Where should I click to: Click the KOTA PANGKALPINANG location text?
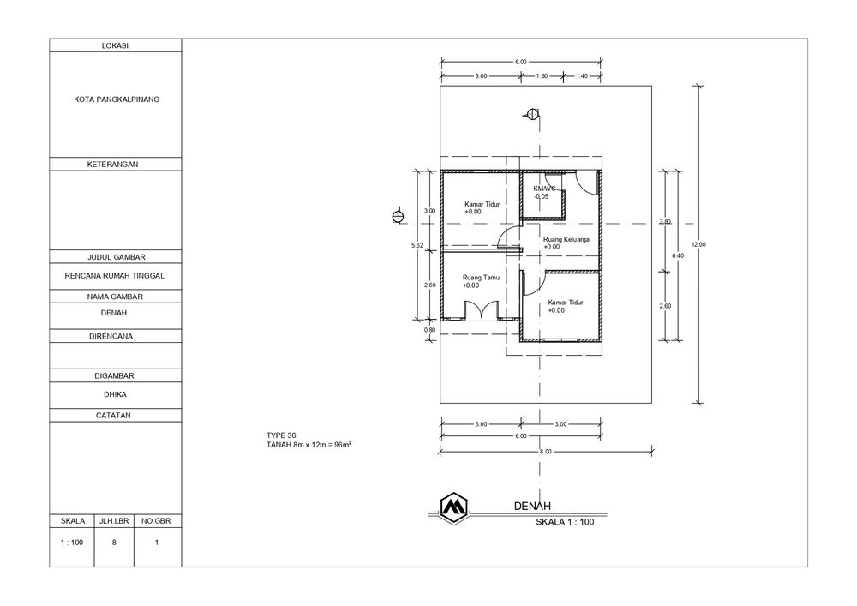click(x=117, y=99)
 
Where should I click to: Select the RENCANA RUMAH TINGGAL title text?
click(x=114, y=276)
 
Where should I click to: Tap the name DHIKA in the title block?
click(x=115, y=394)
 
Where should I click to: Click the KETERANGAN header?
click(x=112, y=165)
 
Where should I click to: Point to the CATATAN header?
click(x=113, y=416)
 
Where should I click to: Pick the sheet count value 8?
click(x=114, y=543)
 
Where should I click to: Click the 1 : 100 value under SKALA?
click(x=72, y=543)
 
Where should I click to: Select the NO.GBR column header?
click(x=156, y=521)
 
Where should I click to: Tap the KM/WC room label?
click(x=544, y=189)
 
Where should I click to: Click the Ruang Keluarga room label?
click(x=566, y=239)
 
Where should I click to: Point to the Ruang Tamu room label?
click(x=481, y=278)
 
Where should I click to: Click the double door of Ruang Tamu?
click(x=482, y=309)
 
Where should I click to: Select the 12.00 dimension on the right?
click(x=698, y=244)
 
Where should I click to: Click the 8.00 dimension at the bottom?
click(x=545, y=452)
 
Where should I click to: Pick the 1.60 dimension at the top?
click(x=542, y=76)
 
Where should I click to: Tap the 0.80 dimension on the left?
click(x=430, y=330)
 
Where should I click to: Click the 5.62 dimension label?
click(x=417, y=246)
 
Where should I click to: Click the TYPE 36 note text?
click(x=281, y=435)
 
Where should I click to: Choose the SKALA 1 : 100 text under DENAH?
click(x=565, y=522)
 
